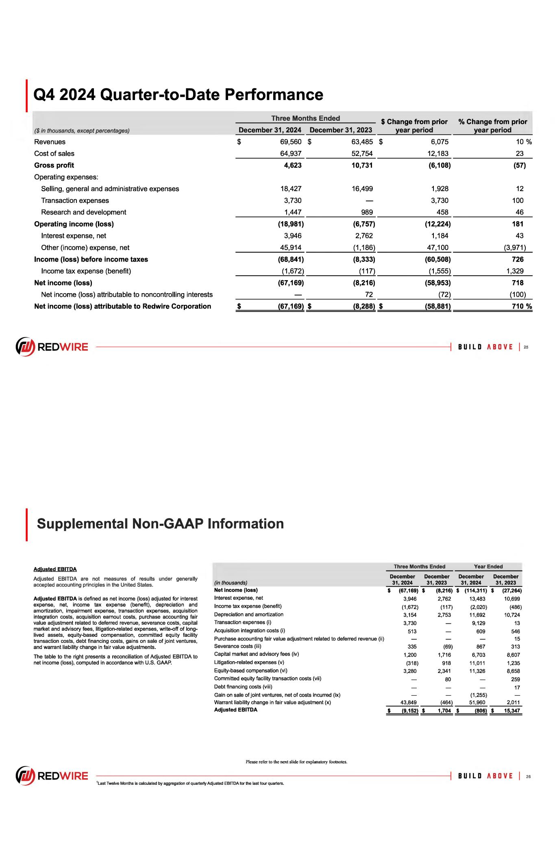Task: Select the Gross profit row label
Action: [54, 165]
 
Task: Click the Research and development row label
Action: [83, 212]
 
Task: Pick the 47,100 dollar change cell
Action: [437, 247]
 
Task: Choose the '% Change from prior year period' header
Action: [492, 126]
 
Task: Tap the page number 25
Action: [526, 347]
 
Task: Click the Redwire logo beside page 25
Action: [52, 347]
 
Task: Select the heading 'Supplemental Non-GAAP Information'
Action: [160, 523]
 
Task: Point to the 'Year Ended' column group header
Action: [488, 566]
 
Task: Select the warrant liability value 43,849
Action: [408, 702]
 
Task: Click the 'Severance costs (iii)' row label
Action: [237, 646]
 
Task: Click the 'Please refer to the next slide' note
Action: [296, 762]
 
